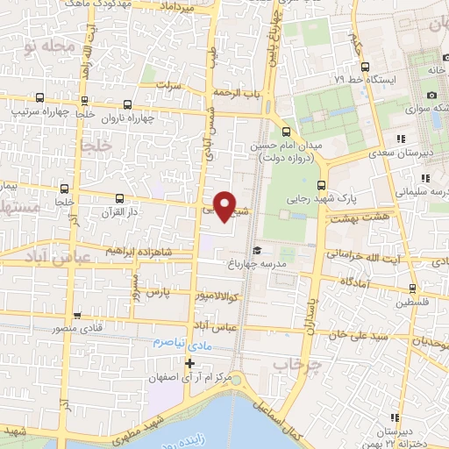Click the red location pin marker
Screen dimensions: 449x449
224,205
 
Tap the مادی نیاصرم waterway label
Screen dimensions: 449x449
182,343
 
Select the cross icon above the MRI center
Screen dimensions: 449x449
189,362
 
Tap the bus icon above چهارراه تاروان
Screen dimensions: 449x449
128,103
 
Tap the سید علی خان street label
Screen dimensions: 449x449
357,334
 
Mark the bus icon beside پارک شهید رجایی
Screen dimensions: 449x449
321,185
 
